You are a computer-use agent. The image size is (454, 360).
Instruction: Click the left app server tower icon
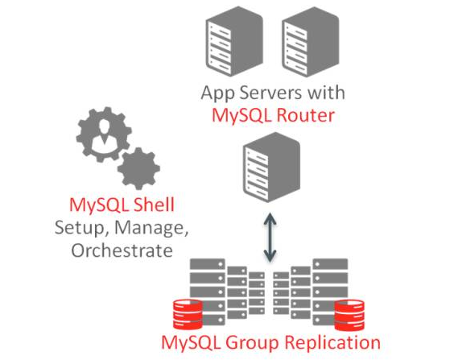click(234, 41)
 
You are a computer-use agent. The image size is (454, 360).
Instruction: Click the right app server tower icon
click(310, 41)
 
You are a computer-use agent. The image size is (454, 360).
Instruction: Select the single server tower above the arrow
click(271, 168)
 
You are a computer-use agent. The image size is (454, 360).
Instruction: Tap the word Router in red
click(305, 115)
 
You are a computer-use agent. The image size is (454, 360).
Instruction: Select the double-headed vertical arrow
click(270, 238)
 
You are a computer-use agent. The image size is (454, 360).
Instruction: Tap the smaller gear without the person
click(138, 169)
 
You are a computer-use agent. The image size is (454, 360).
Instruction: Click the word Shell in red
click(154, 205)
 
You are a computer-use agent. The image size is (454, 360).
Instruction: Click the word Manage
click(151, 228)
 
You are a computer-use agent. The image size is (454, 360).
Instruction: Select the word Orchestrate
click(122, 250)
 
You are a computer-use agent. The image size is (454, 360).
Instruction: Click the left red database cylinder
click(188, 315)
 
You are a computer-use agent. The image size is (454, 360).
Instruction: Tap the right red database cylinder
click(349, 315)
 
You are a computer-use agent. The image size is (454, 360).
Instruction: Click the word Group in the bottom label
click(253, 343)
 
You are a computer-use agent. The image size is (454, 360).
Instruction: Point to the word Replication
click(332, 343)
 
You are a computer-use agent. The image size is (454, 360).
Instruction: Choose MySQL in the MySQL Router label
click(242, 116)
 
